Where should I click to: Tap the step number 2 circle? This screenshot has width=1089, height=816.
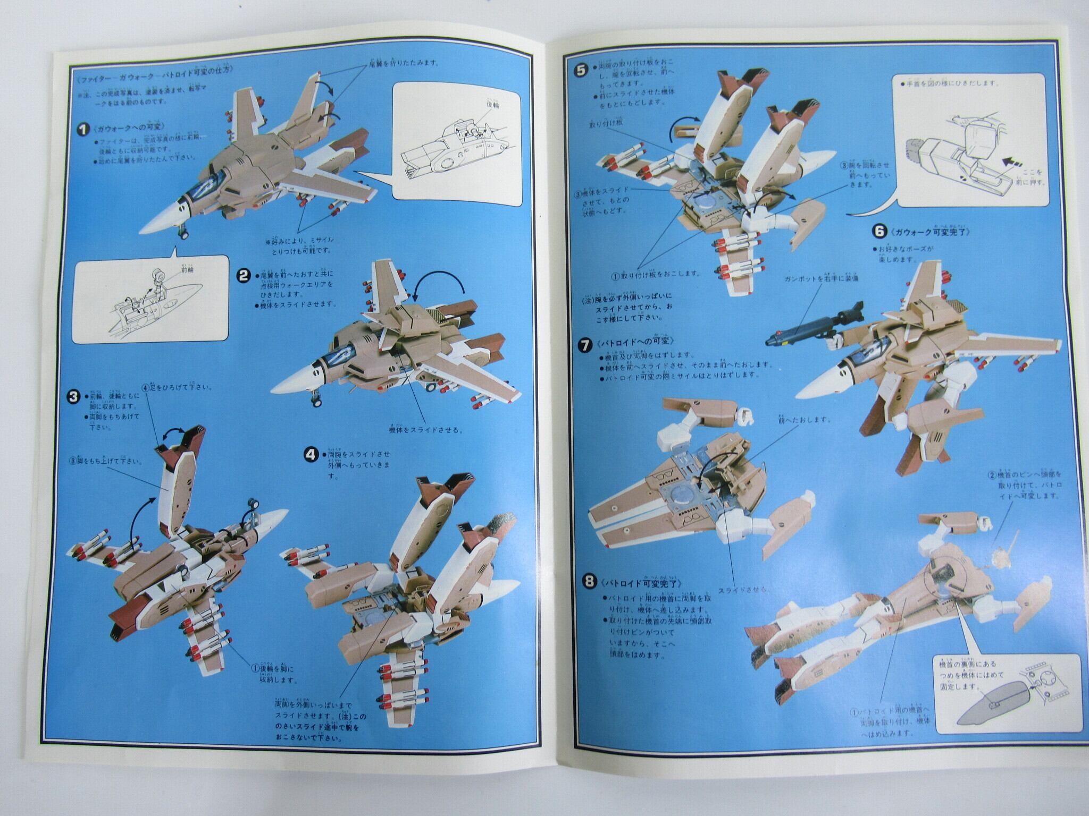244,275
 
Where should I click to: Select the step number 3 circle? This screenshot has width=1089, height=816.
75,397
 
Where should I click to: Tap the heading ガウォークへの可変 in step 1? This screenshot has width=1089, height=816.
122,128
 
